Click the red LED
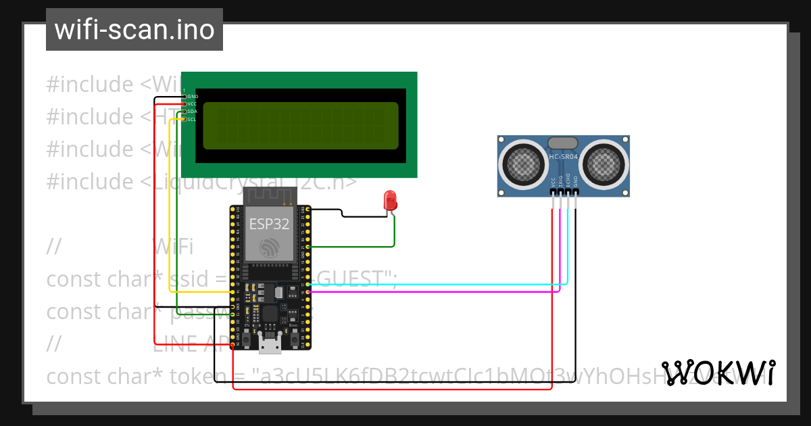[390, 201]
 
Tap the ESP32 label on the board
[269, 224]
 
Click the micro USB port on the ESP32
[270, 346]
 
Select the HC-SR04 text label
[563, 156]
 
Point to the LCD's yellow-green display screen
[300, 126]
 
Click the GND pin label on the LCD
[193, 97]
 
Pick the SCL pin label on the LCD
[192, 119]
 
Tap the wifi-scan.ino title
[134, 30]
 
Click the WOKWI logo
[718, 373]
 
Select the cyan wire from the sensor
[439, 284]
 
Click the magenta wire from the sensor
[439, 292]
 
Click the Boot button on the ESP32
[293, 334]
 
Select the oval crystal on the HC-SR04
[563, 142]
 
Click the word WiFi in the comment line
[173, 247]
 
